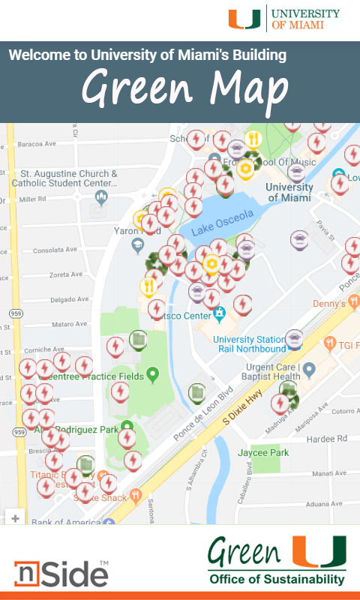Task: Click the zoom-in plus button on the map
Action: [15, 517]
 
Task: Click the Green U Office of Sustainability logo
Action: [277, 560]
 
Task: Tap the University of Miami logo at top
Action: [284, 18]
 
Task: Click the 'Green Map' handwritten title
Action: [184, 89]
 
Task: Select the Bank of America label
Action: [60, 522]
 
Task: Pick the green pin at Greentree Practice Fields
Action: [153, 373]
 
